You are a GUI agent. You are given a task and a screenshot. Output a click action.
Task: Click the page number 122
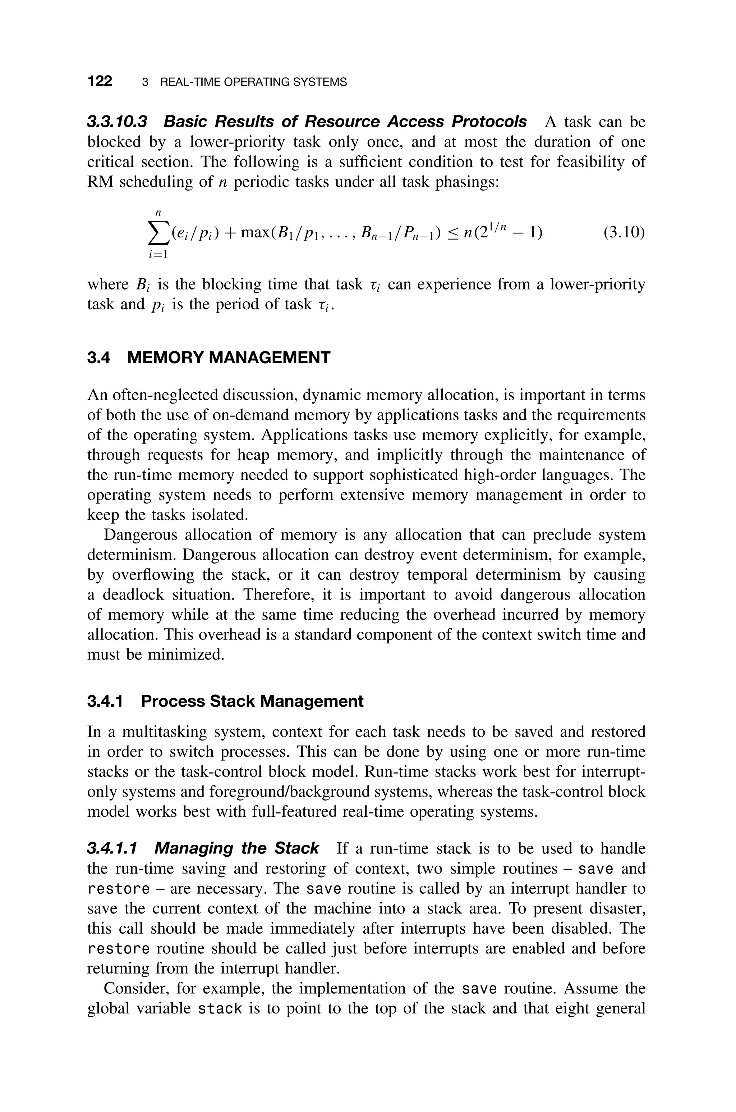coord(100,81)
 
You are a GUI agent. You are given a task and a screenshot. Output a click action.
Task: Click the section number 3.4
coord(98,358)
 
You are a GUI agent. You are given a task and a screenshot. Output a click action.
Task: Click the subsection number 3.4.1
coord(105,701)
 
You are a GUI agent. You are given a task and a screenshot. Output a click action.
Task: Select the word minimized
coord(187,654)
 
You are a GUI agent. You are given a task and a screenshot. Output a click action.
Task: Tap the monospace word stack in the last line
coord(220,1008)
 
